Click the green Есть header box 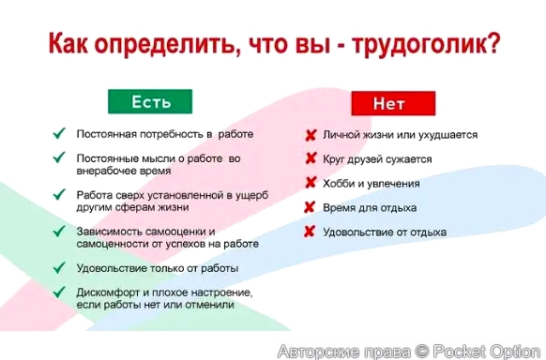[150, 101]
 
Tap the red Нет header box [394, 103]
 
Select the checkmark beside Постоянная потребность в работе [59, 134]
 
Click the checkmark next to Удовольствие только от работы [59, 268]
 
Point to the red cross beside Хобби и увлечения [310, 183]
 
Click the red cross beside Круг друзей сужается [310, 158]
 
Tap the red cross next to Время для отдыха [310, 207]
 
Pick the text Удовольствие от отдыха [385, 232]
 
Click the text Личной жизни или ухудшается [400, 135]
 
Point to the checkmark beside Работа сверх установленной [59, 195]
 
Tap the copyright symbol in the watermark [422, 351]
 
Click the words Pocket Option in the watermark [485, 351]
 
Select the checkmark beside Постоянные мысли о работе [59, 158]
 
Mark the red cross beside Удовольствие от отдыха [310, 232]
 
